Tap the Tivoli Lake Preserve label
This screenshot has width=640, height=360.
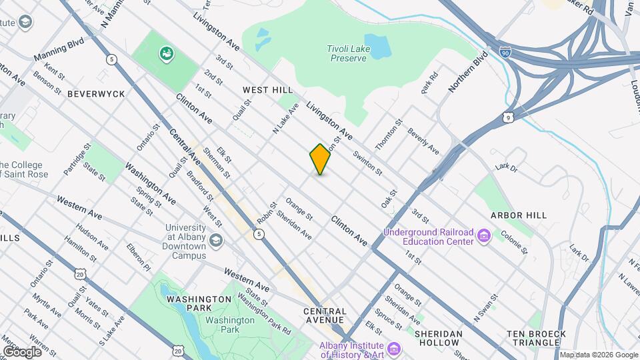tap(348, 53)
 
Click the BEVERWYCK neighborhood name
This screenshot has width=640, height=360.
tap(96, 94)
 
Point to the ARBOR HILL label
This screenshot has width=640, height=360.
tap(518, 215)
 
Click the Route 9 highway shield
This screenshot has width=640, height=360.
tap(509, 117)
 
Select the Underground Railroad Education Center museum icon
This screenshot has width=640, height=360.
tap(484, 236)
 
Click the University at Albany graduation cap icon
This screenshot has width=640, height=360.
tap(215, 240)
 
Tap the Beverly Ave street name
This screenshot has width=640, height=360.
tap(423, 141)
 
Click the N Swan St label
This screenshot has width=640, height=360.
tap(486, 307)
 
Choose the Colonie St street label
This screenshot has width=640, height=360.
tap(514, 242)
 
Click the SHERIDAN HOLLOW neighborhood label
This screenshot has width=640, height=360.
tap(438, 333)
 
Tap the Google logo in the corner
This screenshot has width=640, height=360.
tap(22, 351)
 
